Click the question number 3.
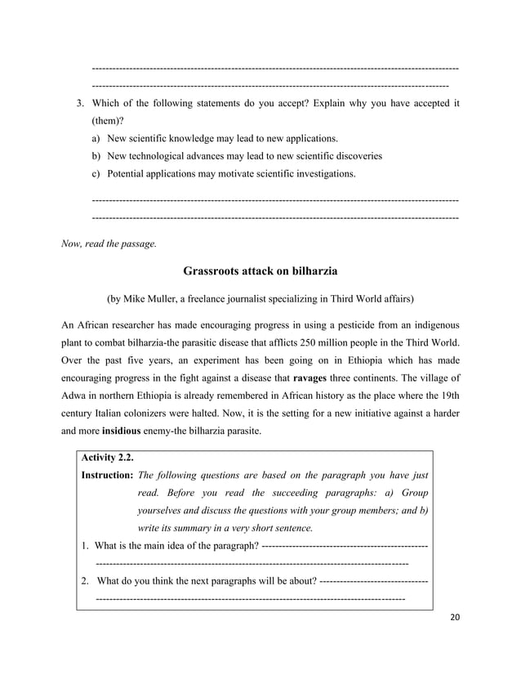click(x=79, y=104)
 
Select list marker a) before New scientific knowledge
click(x=96, y=138)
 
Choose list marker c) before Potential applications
click(x=96, y=173)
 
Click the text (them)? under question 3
click(x=108, y=121)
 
